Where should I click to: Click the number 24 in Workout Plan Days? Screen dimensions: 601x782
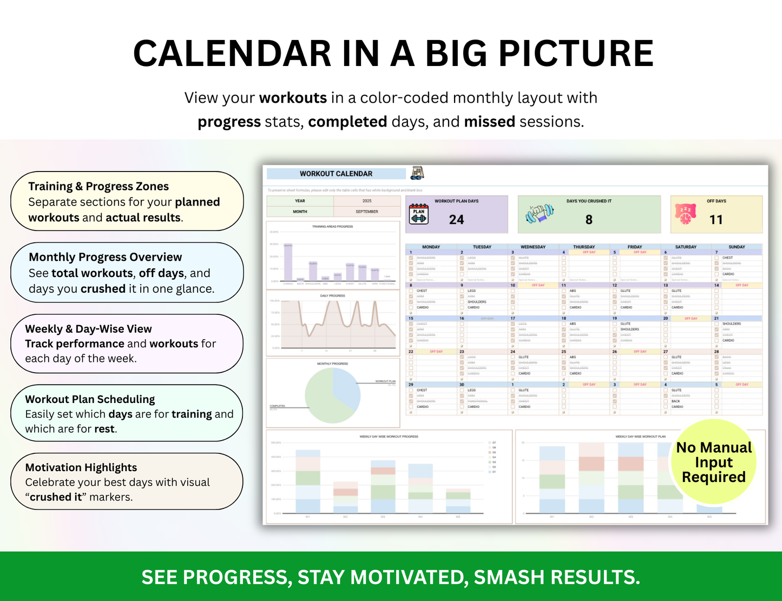tap(456, 220)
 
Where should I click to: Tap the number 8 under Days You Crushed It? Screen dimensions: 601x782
tap(589, 220)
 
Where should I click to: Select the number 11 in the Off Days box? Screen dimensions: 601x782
tap(716, 220)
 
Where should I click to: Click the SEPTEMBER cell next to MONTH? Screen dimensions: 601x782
tap(366, 212)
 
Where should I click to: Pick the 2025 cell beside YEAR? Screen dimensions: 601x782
tap(366, 201)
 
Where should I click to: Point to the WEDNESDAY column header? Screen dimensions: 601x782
tap(533, 247)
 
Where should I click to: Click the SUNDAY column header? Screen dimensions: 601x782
tap(737, 247)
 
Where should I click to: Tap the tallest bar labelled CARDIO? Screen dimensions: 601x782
tap(288, 263)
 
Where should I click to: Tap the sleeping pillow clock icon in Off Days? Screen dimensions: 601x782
tap(685, 214)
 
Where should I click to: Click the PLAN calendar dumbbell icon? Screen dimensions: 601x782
tap(418, 214)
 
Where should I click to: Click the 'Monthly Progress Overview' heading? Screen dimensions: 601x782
tap(105, 257)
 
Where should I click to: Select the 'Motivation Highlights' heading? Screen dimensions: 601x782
tap(81, 467)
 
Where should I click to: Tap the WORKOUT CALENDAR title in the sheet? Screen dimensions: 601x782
tap(336, 174)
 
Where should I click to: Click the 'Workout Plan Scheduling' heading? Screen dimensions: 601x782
tap(90, 399)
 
